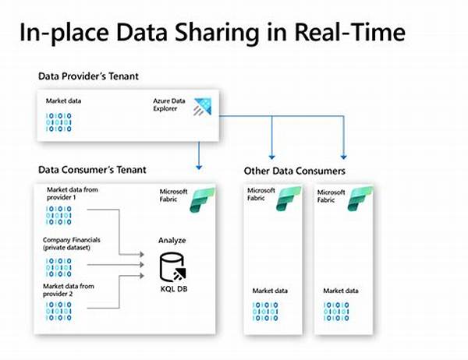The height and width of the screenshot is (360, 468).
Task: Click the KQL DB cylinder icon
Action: point(172,270)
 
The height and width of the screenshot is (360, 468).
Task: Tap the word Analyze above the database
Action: point(172,241)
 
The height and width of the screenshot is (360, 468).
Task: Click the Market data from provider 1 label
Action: point(72,193)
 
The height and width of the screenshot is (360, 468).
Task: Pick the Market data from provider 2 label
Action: point(72,292)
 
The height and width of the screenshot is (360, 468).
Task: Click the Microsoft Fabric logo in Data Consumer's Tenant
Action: point(208,197)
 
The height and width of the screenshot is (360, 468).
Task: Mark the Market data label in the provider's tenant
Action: point(64,101)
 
